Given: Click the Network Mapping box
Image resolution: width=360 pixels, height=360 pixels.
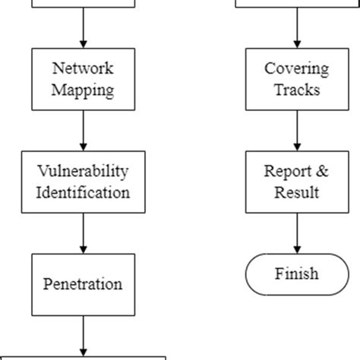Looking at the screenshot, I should [x=83, y=80].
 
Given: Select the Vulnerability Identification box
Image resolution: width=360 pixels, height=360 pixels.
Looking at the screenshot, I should [x=83, y=182].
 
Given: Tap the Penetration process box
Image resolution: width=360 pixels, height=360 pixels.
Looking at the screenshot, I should [x=83, y=284].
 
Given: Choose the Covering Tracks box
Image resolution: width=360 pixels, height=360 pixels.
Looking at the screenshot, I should [x=296, y=80].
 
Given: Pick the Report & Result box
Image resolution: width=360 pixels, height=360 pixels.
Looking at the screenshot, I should [x=296, y=182].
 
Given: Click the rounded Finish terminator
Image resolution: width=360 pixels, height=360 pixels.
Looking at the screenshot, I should [x=296, y=273].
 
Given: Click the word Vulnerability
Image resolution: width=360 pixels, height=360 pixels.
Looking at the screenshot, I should [x=83, y=172].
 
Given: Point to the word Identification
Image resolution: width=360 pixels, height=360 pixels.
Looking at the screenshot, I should [x=83, y=192].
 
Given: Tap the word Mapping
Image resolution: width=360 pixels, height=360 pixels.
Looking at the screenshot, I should [x=83, y=90].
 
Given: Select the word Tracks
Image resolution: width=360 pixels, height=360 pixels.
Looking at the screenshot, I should [x=296, y=90].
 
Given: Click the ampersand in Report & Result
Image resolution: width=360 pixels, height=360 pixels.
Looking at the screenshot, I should [x=322, y=172].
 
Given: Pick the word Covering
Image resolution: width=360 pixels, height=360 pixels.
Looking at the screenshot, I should [x=296, y=69].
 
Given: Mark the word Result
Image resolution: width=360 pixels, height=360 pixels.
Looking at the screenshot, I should [x=296, y=192].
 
